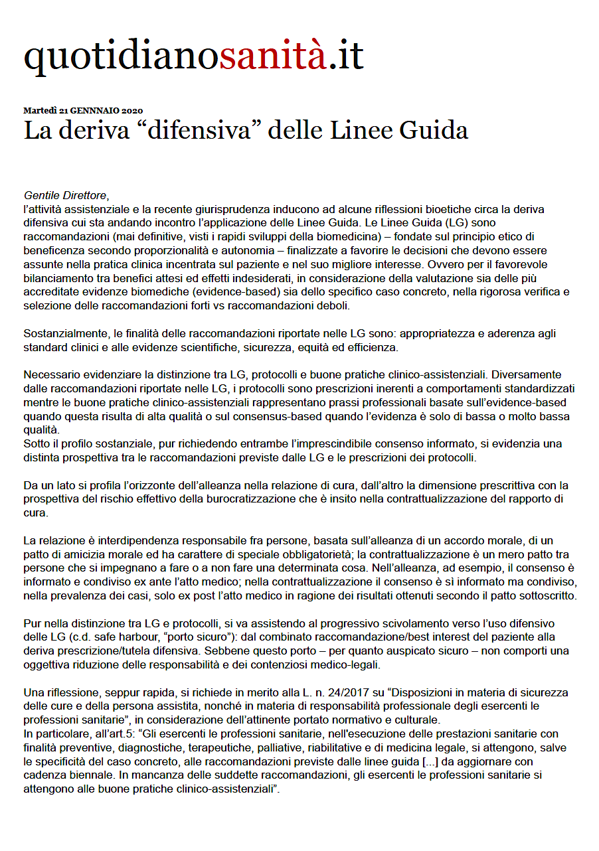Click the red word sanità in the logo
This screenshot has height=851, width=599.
pos(273,56)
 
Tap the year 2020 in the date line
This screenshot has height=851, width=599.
pos(132,110)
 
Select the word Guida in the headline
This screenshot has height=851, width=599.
pos(434,130)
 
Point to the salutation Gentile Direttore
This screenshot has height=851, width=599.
pos(65,196)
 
